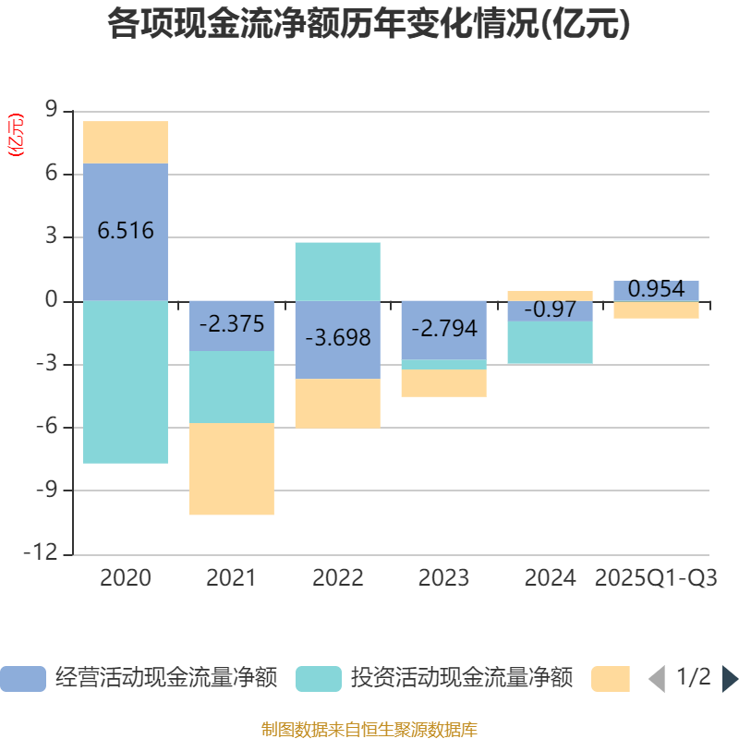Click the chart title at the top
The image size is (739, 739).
pos(369,25)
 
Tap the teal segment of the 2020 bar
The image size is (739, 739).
pos(126,382)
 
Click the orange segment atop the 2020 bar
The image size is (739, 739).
pos(126,142)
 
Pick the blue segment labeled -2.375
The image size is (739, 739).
pos(231,325)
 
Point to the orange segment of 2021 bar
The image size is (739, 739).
pos(231,469)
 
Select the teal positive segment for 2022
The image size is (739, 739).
pos(337,272)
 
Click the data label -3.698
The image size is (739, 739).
pos(337,338)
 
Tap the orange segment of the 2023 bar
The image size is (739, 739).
pos(443,383)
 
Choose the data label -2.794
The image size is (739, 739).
pos(443,328)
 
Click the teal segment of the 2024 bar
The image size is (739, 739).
pos(550,343)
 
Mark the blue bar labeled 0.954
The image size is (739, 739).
pos(656,290)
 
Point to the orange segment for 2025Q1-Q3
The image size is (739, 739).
pos(656,310)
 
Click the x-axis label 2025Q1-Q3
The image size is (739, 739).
pos(656,578)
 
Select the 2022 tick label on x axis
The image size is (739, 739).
pos(337,578)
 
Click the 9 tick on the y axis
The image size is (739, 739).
pos(51,112)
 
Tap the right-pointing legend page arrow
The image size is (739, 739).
pos(729,679)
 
